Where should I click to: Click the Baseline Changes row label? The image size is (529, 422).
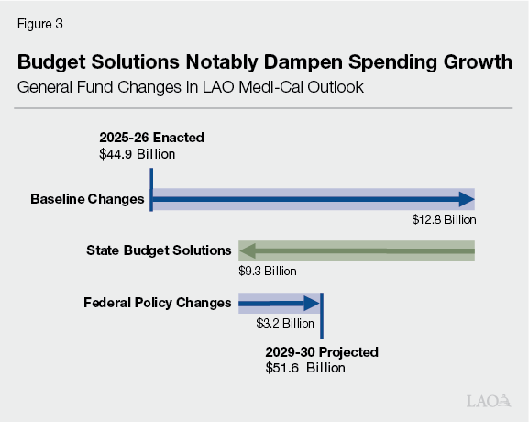86,198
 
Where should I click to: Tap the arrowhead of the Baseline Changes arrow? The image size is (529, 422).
468,198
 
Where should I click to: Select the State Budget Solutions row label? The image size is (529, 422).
159,250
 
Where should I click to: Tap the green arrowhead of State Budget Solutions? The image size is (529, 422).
247,250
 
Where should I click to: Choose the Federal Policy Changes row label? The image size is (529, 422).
157,302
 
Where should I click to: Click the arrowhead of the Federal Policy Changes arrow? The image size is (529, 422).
313,302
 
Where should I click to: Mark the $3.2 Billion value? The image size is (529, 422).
285,324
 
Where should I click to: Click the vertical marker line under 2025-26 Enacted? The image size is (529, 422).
151,188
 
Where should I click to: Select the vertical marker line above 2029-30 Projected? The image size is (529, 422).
322,316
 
